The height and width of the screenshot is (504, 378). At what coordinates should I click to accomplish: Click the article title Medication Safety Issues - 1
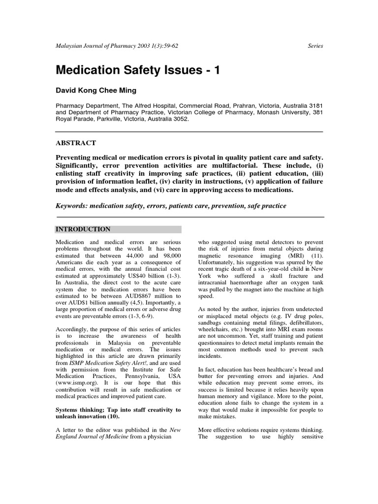coord(138,70)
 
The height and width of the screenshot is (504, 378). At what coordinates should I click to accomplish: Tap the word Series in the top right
coord(315,46)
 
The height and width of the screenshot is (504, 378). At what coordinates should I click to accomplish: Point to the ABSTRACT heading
coord(75,143)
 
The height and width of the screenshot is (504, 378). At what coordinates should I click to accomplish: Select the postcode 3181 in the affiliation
coord(315,106)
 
